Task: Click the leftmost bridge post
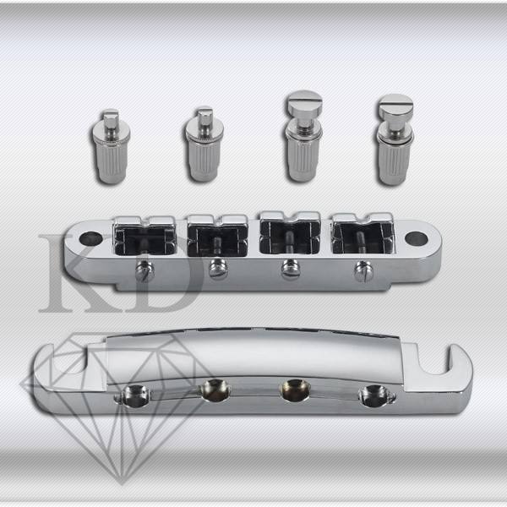click(x=112, y=146)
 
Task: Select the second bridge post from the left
click(x=204, y=144)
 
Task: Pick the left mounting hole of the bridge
click(x=91, y=238)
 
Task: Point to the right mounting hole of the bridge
click(x=416, y=238)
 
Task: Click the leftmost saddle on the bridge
click(x=145, y=237)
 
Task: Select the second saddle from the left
click(x=218, y=235)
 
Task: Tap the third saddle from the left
click(x=290, y=232)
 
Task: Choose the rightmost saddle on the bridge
click(x=363, y=233)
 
